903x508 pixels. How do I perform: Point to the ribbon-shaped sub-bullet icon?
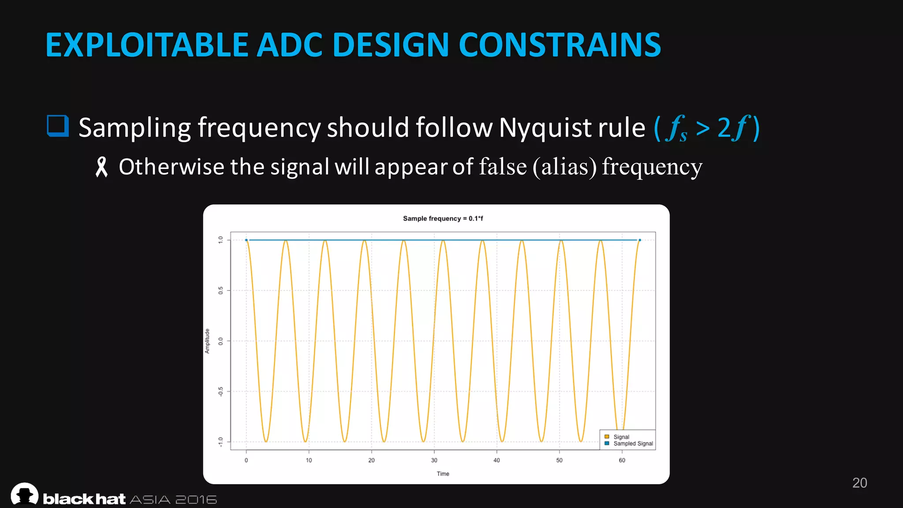pos(101,168)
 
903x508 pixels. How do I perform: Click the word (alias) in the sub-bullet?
pos(564,167)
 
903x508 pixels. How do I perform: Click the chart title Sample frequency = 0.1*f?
pos(443,218)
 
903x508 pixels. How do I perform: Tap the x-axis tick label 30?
pos(434,460)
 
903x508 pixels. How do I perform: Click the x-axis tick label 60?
pos(622,460)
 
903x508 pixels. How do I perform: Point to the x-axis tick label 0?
pos(246,460)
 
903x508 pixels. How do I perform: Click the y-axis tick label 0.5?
pos(220,290)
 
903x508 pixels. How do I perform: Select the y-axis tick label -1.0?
pos(220,441)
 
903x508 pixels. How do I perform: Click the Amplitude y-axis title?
pos(207,341)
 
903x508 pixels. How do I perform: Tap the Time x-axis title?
pos(443,474)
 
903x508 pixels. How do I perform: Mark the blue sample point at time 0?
pos(246,240)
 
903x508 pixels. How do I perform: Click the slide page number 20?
pos(859,483)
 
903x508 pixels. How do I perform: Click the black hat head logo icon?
pos(25,494)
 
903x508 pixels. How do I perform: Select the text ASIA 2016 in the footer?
pos(173,500)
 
